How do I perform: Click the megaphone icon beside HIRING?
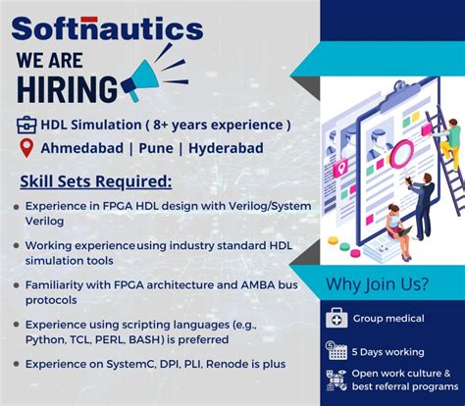pos(146,78)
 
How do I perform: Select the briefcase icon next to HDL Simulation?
pos(26,125)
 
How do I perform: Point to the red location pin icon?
pos(26,149)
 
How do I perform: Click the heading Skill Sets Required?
pos(96,181)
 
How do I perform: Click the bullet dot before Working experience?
pos(17,244)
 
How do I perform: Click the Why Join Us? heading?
pos(378,284)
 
